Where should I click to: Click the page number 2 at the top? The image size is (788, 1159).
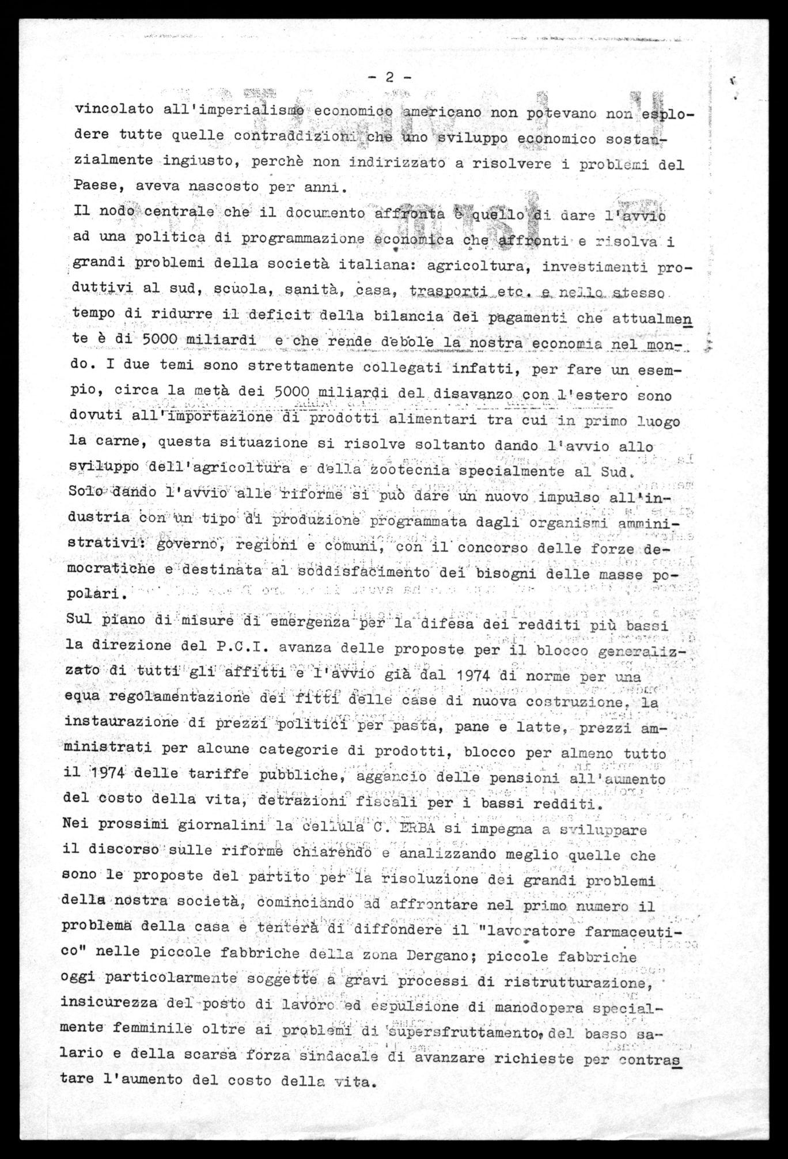point(389,77)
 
